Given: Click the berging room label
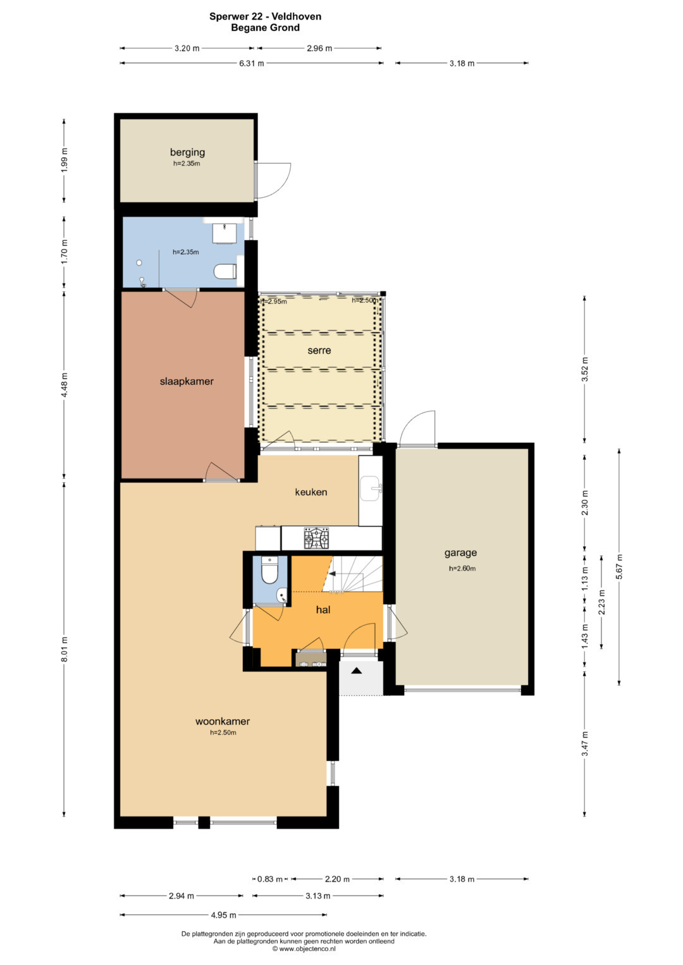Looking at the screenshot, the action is (187, 152).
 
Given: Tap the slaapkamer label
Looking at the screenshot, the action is (187, 381).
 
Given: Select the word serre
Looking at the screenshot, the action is (319, 350).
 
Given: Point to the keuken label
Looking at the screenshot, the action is (311, 492).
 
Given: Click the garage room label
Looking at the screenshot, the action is (460, 553).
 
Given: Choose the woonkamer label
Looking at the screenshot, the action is (223, 721).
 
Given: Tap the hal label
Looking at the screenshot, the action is (323, 610).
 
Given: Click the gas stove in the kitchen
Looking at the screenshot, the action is (316, 538).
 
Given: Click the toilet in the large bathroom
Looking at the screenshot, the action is (225, 271).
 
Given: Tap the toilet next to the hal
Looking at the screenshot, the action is (270, 571).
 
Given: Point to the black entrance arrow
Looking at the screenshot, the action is (356, 671).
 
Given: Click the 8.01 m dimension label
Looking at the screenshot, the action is (65, 649).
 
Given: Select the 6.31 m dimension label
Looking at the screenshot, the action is (252, 63).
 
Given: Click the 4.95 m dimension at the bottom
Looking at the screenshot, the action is (223, 915).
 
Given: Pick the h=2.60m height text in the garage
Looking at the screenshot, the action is (462, 568).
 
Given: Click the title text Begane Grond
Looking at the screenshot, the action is (265, 28).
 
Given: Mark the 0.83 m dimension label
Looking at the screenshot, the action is (270, 879).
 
